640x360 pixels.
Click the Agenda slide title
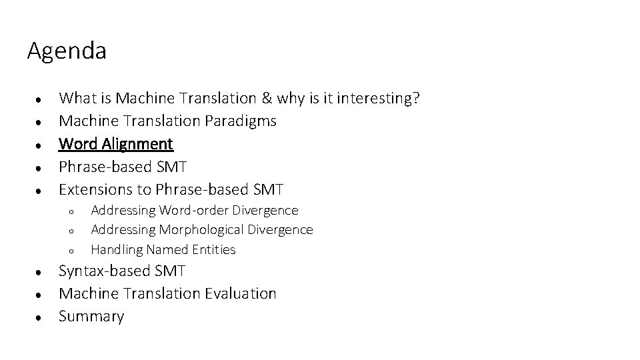click(x=67, y=51)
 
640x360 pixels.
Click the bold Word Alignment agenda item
click(x=116, y=143)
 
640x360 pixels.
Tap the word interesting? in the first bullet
click(x=378, y=99)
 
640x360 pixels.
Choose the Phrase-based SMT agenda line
click(x=123, y=166)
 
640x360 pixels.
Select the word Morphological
click(x=202, y=230)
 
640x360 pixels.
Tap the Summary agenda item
click(x=91, y=316)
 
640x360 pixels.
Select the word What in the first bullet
click(x=79, y=99)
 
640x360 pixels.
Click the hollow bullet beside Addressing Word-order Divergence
click(x=70, y=212)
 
